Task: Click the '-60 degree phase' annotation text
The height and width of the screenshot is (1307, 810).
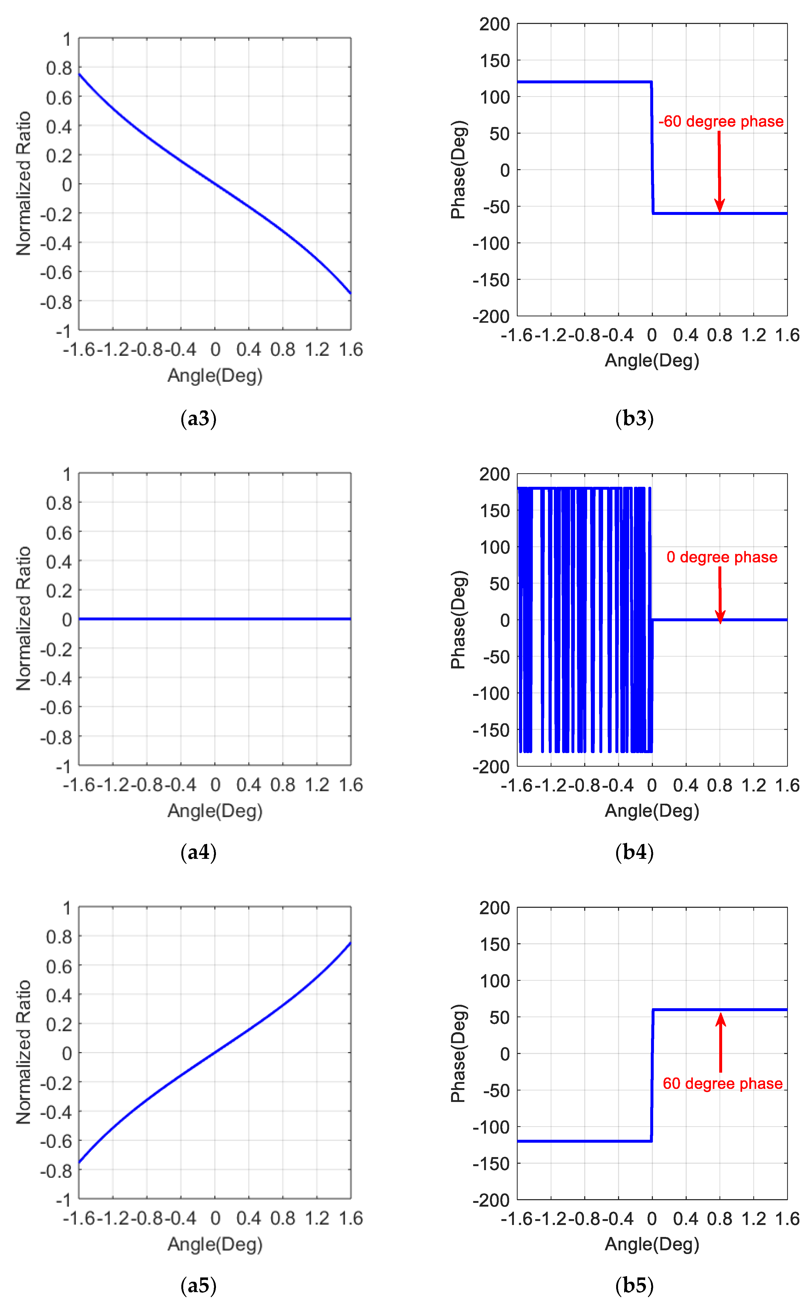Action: click(721, 122)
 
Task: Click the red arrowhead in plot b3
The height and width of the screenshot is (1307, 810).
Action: click(719, 206)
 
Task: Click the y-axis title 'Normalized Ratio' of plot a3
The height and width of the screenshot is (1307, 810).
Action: click(24, 184)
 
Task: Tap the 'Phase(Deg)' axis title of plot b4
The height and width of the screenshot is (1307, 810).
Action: click(459, 620)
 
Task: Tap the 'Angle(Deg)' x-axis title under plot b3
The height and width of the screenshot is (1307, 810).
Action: click(652, 361)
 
